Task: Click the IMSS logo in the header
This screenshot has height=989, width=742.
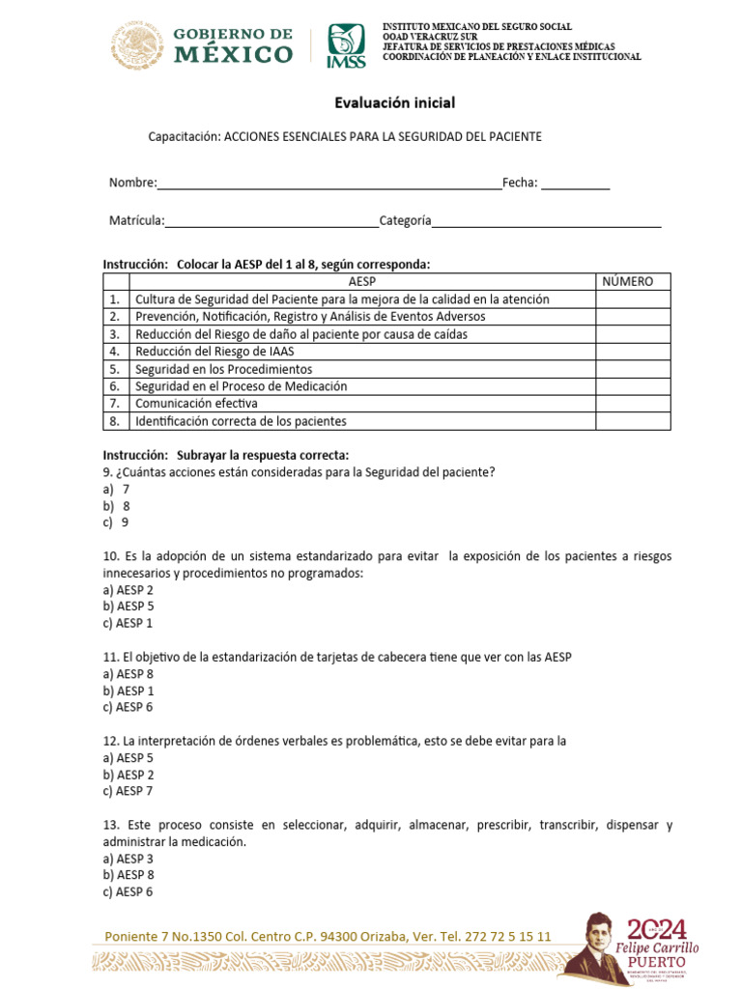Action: (346, 45)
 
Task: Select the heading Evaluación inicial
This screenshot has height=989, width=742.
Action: (394, 102)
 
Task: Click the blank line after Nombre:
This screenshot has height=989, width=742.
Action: (328, 184)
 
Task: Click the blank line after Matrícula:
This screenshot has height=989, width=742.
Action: (271, 221)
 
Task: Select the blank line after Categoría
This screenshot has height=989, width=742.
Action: (546, 221)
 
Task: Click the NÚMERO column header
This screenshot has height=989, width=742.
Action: (628, 282)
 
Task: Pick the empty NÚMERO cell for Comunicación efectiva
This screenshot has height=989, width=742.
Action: (632, 404)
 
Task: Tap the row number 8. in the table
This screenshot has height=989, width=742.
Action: (114, 421)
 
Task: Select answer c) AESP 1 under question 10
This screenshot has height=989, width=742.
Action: (128, 623)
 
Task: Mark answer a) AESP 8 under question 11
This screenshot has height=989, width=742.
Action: (128, 674)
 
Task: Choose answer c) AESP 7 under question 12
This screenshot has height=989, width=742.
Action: (128, 791)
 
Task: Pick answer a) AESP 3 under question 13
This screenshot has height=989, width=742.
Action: (128, 859)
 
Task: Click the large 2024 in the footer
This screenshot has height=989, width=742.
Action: (657, 930)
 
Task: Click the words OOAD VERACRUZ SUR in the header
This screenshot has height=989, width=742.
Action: (423, 37)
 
